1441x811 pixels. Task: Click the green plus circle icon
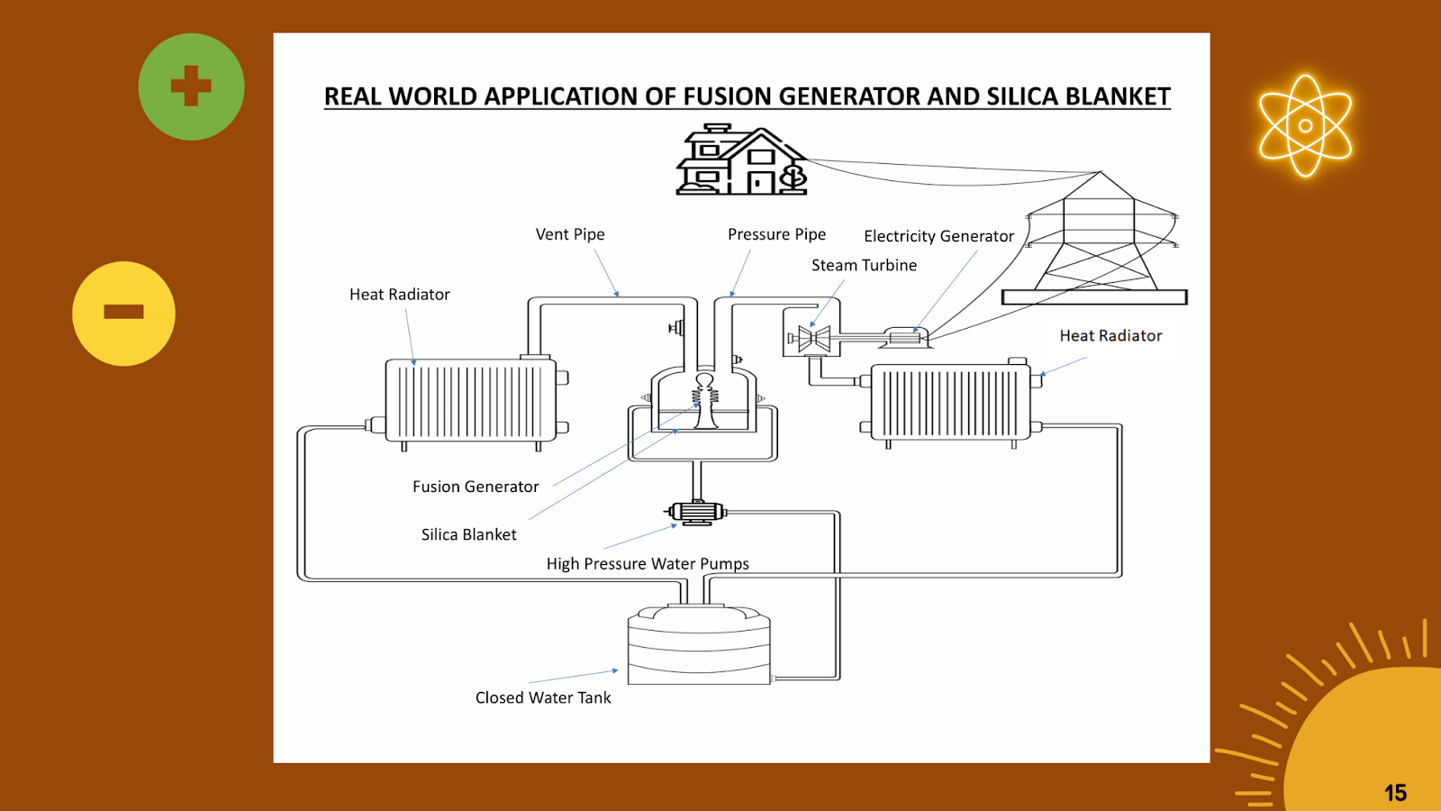pyautogui.click(x=191, y=87)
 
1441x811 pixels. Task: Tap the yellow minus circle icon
pyautogui.click(x=123, y=313)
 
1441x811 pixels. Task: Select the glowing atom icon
pyautogui.click(x=1305, y=125)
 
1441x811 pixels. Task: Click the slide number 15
pyautogui.click(x=1395, y=793)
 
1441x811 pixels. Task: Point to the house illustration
pyautogui.click(x=742, y=161)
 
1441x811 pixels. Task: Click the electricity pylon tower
pyautogui.click(x=1096, y=240)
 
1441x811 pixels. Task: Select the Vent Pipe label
pyautogui.click(x=570, y=234)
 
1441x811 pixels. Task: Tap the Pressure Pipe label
pyautogui.click(x=776, y=234)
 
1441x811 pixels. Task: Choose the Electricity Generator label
pyautogui.click(x=938, y=236)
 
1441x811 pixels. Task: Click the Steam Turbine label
pyautogui.click(x=864, y=265)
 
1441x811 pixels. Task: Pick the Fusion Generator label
pyautogui.click(x=476, y=487)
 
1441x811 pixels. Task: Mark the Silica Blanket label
pyautogui.click(x=468, y=534)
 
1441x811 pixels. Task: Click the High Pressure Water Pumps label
pyautogui.click(x=648, y=564)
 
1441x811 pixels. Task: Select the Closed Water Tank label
pyautogui.click(x=543, y=697)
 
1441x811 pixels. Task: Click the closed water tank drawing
pyautogui.click(x=699, y=645)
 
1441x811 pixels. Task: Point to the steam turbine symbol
pyautogui.click(x=814, y=339)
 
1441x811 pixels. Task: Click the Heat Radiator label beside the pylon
pyautogui.click(x=1110, y=335)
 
